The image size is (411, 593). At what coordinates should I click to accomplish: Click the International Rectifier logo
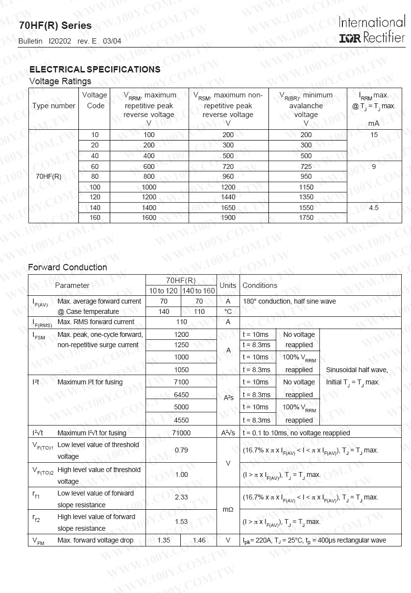tap(372, 30)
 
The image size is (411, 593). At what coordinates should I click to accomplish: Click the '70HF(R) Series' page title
tap(55, 25)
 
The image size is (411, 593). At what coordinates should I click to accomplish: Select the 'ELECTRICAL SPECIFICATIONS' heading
tap(95, 70)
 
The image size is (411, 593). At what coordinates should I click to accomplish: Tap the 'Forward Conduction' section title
tap(67, 267)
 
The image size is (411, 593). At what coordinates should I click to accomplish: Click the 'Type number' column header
tap(54, 106)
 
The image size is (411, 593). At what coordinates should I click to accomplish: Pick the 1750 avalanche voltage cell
tap(306, 218)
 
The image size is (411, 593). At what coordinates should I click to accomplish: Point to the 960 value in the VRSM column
tap(228, 176)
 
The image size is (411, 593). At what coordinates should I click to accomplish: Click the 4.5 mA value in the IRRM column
tap(374, 208)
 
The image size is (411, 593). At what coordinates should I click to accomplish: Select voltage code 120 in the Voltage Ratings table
tap(95, 197)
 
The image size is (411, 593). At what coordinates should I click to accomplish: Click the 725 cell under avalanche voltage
tap(306, 166)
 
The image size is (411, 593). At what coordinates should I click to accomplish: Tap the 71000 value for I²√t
tap(181, 433)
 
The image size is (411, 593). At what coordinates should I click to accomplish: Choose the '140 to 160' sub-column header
tap(198, 291)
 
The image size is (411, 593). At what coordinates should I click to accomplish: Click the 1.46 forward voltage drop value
tap(199, 541)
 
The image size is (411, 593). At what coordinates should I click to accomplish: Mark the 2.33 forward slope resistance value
tap(181, 497)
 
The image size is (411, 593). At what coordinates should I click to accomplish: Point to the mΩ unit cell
tap(228, 510)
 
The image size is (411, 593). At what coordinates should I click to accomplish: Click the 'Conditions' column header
tap(260, 285)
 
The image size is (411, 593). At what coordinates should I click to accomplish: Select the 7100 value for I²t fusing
tap(181, 382)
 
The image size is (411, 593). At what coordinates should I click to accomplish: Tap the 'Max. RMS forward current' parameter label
tap(96, 322)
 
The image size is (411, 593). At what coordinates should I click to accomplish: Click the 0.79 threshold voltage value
tap(181, 450)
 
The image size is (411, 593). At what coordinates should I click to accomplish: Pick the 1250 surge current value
tap(181, 345)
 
